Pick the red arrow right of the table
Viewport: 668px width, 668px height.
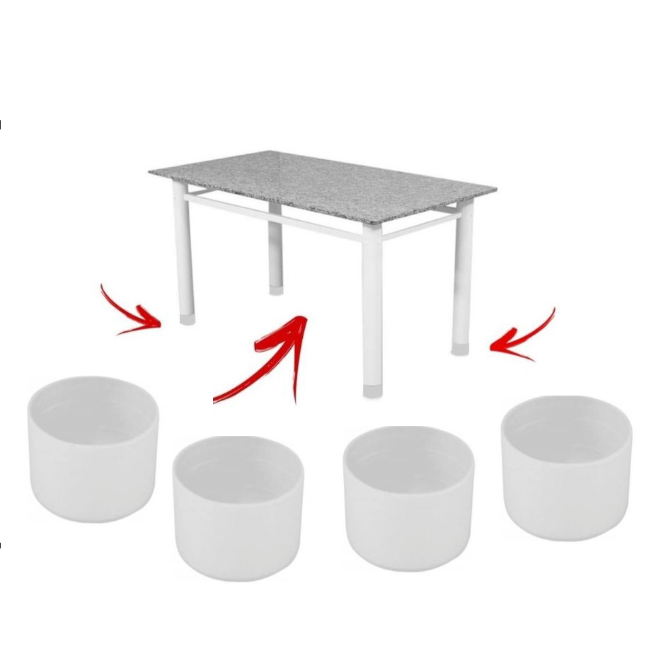point(524,336)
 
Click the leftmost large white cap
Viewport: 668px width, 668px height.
point(93,449)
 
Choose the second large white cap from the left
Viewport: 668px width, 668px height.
point(238,506)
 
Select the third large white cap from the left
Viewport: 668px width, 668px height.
point(408,495)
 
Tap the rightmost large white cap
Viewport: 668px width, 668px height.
point(566,467)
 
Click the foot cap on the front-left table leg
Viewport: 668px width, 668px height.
point(187,319)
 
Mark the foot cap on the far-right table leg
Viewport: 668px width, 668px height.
point(461,349)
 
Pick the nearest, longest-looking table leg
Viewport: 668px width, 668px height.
point(372,304)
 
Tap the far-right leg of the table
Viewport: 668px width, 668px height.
point(463,276)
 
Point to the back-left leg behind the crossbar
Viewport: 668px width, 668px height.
point(275,248)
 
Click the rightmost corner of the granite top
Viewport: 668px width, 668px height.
point(495,189)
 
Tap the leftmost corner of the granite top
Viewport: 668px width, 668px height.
point(150,172)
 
